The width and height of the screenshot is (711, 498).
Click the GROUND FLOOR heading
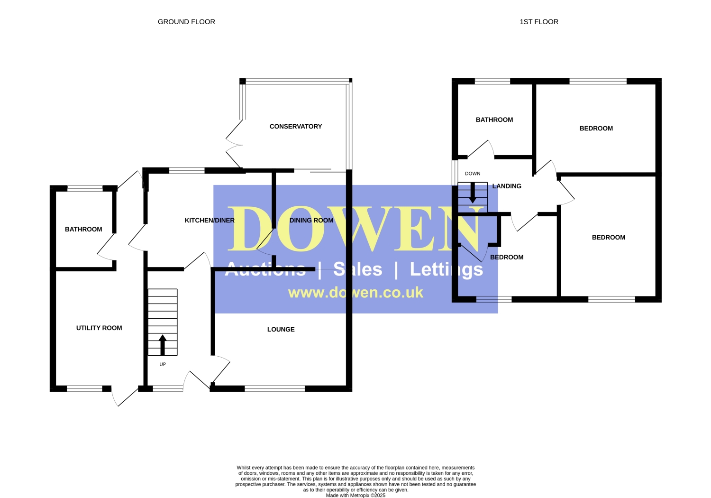pyautogui.click(x=186, y=22)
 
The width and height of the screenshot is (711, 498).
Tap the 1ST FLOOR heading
pyautogui.click(x=538, y=22)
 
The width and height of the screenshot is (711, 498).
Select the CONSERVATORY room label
pyautogui.click(x=295, y=127)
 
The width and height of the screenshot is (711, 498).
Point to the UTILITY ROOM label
pyautogui.click(x=99, y=328)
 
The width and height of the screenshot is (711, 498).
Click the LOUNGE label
pyautogui.click(x=281, y=329)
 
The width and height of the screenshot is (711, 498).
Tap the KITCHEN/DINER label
pyautogui.click(x=210, y=221)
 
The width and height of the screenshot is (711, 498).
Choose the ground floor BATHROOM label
pyautogui.click(x=83, y=229)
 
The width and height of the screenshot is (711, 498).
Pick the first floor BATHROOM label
pyautogui.click(x=494, y=120)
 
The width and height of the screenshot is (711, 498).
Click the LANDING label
pyautogui.click(x=507, y=186)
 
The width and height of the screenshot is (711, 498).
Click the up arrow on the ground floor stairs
pyautogui.click(x=163, y=345)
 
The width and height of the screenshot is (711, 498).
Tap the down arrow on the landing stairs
pyautogui.click(x=473, y=193)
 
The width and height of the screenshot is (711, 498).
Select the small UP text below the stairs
pyautogui.click(x=163, y=364)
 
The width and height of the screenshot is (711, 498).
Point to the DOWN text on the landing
pyautogui.click(x=473, y=174)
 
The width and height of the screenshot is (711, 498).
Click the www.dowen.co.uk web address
pyautogui.click(x=355, y=293)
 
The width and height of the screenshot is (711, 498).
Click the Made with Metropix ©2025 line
pyautogui.click(x=355, y=495)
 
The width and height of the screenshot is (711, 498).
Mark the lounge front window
pyautogui.click(x=275, y=388)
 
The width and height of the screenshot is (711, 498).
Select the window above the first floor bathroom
pyautogui.click(x=492, y=81)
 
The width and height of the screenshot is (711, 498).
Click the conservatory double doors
pyautogui.click(x=234, y=145)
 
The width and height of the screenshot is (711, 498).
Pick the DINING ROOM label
pyautogui.click(x=311, y=221)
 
